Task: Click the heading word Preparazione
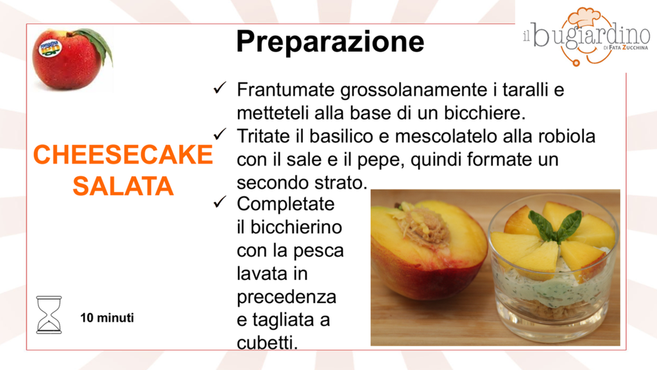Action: (x=330, y=42)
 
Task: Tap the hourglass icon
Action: (x=49, y=315)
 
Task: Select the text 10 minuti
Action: (x=107, y=317)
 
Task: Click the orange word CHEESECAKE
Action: (x=123, y=154)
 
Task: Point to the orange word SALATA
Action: (x=123, y=186)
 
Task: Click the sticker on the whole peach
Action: (x=50, y=48)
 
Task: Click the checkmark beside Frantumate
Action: (x=220, y=88)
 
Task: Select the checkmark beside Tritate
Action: (x=220, y=134)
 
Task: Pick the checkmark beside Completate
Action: (x=220, y=202)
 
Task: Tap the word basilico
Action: (x=341, y=136)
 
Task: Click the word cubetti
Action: (x=267, y=343)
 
